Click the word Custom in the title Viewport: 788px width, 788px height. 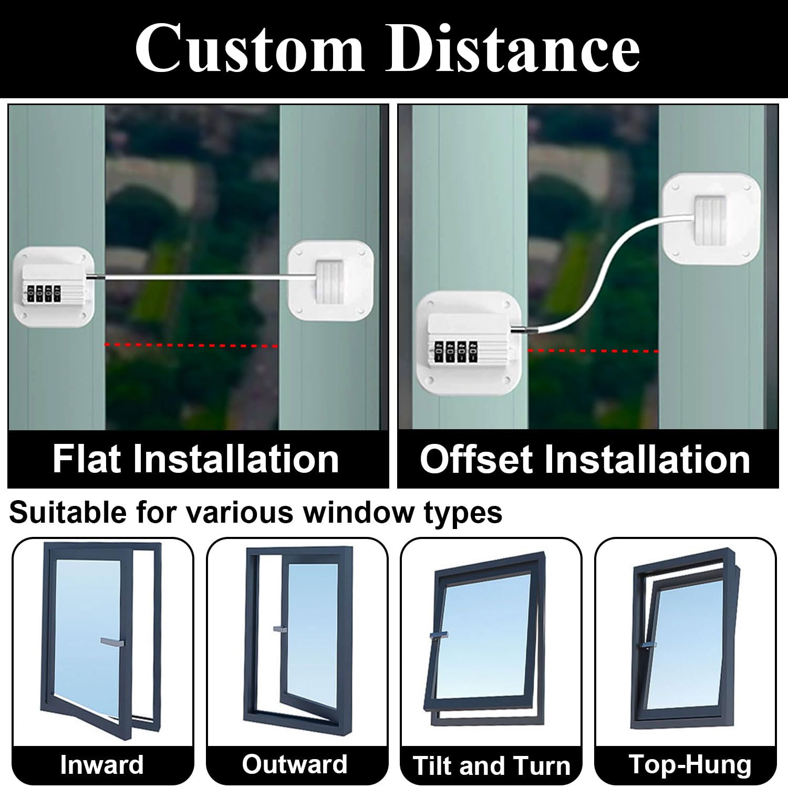tap(250, 49)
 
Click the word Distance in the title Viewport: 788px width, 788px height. tap(513, 49)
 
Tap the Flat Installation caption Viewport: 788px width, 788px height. tap(195, 459)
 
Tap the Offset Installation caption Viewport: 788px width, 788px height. tap(585, 459)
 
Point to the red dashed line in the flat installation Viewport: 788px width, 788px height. tap(191, 345)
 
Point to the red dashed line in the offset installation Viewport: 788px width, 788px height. tap(593, 350)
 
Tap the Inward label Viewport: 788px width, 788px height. tap(102, 764)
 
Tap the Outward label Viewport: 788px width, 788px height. tap(295, 764)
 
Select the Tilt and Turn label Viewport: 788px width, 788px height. tap(491, 765)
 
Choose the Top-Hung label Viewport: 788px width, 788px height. tap(690, 764)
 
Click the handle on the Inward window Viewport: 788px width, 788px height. tap(112, 641)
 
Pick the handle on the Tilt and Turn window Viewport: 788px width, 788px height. tap(439, 635)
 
